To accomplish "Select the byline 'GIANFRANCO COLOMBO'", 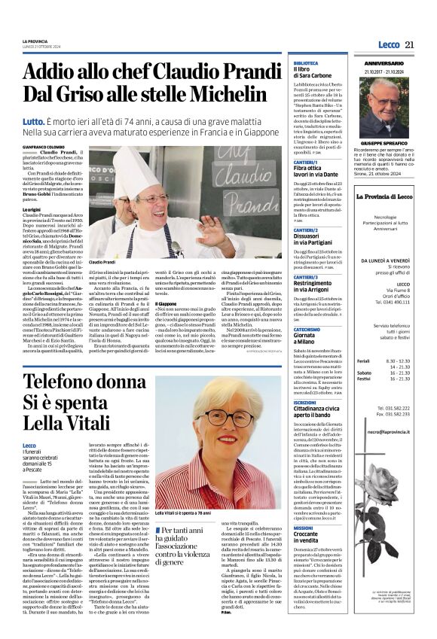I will click(x=42, y=147).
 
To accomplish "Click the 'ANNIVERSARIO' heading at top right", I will click(x=384, y=64).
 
